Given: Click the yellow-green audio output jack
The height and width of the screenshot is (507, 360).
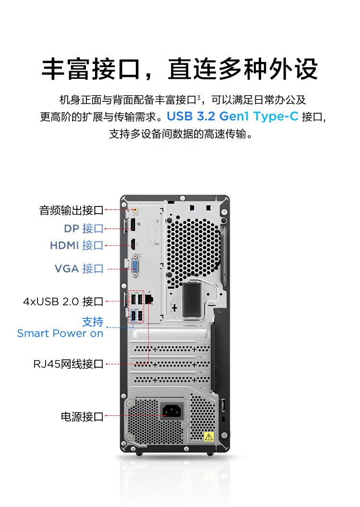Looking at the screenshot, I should (135, 209).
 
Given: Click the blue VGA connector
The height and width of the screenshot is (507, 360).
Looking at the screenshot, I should (135, 267).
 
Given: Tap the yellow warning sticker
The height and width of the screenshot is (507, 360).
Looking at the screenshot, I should (208, 436).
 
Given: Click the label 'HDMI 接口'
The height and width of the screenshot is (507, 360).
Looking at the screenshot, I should (76, 246).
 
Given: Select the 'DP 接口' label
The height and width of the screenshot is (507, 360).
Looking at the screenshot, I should (84, 229).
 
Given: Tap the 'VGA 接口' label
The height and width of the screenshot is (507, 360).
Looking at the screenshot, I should (79, 268).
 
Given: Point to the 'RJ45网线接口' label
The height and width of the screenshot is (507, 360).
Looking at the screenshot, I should (68, 364).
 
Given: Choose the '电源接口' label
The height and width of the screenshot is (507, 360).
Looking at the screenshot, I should (82, 416).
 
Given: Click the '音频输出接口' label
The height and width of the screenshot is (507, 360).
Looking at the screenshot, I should (71, 210).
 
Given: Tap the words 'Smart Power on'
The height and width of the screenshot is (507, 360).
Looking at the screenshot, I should (60, 333).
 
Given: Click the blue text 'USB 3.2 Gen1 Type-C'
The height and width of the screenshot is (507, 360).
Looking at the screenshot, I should (233, 116).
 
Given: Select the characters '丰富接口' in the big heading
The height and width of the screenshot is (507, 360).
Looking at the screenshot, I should (90, 70).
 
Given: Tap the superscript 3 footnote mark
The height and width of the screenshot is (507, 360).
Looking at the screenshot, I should (198, 97).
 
